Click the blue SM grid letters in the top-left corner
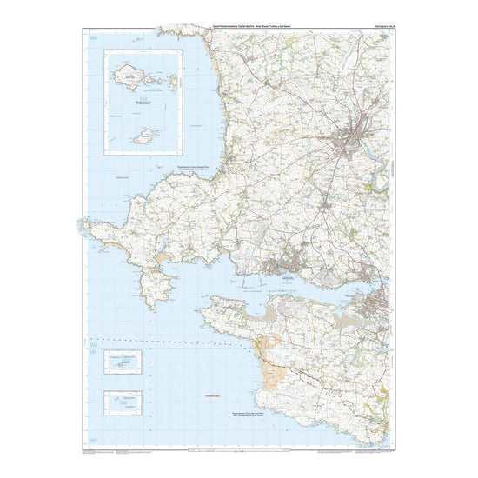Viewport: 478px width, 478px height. tap(94, 40)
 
